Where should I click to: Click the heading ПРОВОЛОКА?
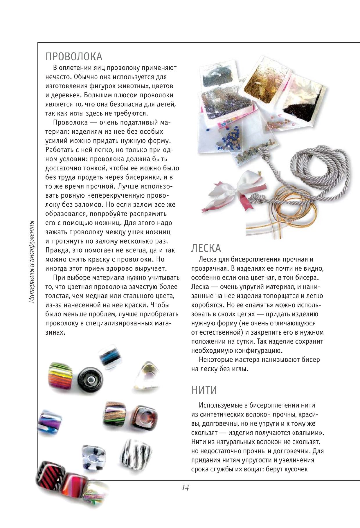(74, 56)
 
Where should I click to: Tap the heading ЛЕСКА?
(206, 248)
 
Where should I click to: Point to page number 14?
(186, 487)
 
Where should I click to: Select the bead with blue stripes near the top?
(107, 358)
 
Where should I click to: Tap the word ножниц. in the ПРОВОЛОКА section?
(159, 223)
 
